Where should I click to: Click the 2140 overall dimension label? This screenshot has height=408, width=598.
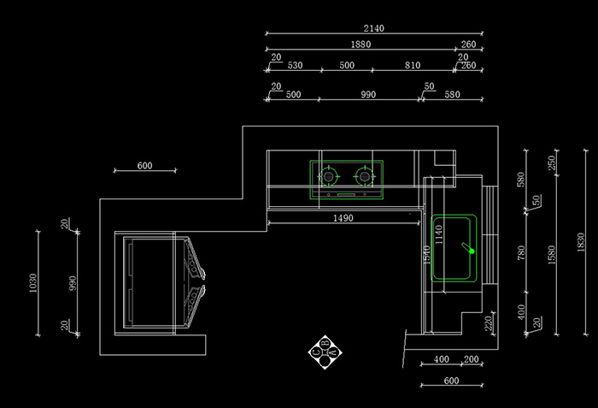[373, 28]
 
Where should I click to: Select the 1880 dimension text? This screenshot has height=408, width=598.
[360, 44]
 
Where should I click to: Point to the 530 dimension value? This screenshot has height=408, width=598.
[295, 65]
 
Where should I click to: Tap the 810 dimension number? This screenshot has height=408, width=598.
[413, 65]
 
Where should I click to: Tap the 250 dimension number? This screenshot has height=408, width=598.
[551, 163]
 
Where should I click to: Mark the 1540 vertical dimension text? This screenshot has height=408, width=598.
[426, 255]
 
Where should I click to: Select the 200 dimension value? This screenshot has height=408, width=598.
[470, 359]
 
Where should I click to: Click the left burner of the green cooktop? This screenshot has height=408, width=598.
[327, 177]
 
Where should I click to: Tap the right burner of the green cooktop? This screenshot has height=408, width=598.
[364, 177]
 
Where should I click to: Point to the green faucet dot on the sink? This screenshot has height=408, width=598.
[470, 251]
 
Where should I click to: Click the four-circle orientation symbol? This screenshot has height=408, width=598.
[325, 351]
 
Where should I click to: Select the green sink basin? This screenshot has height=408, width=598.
[454, 248]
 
